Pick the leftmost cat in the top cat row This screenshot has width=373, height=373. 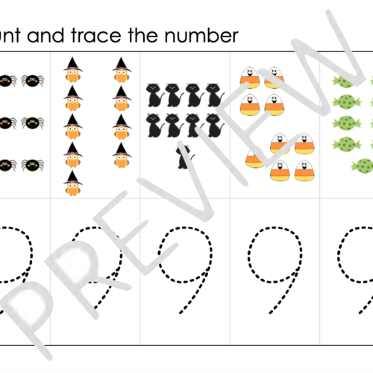154,94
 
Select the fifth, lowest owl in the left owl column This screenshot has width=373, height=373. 72,182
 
